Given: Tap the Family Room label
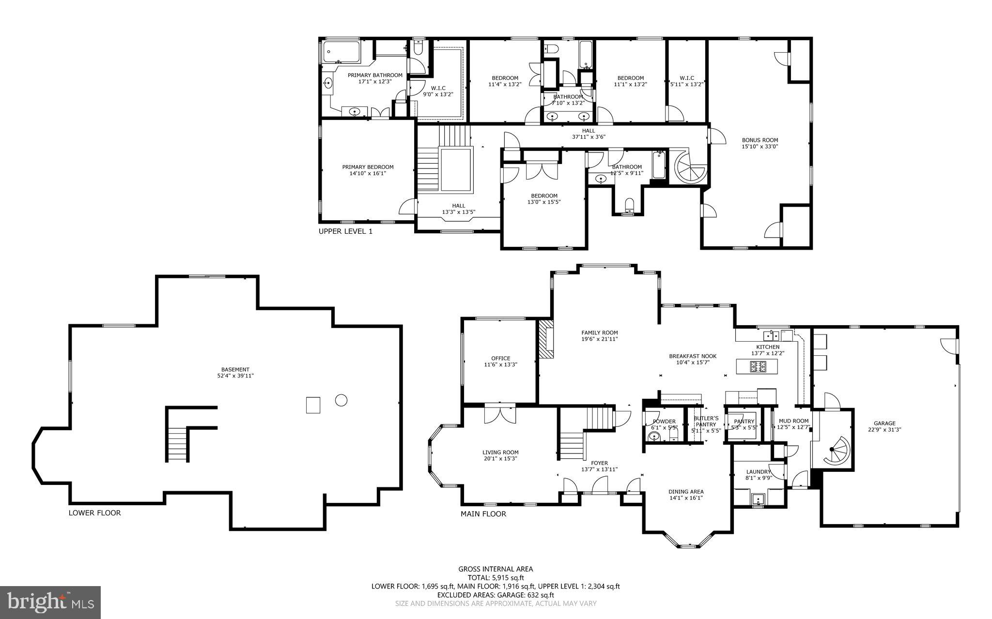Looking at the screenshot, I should point(599,332).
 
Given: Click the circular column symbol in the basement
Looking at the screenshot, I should point(341,400).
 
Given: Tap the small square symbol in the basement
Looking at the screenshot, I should point(313,405).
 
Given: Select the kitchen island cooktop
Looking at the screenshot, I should point(757,367).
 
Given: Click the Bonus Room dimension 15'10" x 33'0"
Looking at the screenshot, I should point(759,146).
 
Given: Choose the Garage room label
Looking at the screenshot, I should point(884,423).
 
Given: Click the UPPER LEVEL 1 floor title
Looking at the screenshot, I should point(345,231).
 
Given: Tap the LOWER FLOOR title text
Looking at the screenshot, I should point(94,513).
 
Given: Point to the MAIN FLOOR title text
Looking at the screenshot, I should point(483,514).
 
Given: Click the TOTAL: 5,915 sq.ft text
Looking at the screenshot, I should point(496,577).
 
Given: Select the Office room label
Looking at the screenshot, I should point(500,358).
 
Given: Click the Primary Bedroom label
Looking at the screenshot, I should point(368,167).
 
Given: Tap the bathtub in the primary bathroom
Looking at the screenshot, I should point(341,52).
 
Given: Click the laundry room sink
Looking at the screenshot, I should point(758,498).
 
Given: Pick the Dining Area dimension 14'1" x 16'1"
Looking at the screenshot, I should point(686,498).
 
